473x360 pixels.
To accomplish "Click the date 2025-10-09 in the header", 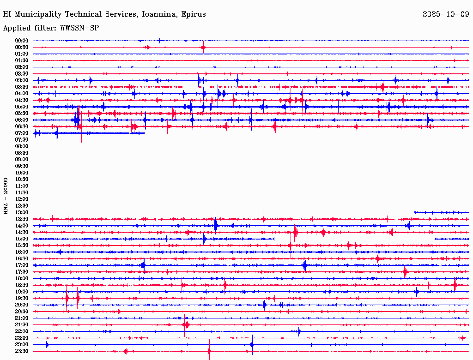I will [445, 14].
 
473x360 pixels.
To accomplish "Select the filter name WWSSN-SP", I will [79, 28].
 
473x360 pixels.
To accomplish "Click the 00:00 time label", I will [22, 41].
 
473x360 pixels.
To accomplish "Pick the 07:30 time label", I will [22, 139].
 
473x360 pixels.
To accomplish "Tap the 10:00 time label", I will [22, 173].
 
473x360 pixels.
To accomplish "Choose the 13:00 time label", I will [22, 212].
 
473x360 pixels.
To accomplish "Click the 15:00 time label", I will [22, 239].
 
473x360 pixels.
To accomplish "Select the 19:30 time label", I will [22, 298].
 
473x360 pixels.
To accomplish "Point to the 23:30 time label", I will [22, 351].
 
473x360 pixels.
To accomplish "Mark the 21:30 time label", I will [22, 324].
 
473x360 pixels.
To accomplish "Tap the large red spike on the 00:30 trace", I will [204, 47].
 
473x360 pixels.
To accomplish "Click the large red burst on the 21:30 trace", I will [185, 325].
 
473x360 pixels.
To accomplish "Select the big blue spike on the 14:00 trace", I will [216, 225].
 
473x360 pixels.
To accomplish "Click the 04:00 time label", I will [22, 93].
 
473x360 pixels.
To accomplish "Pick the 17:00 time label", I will [22, 265].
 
